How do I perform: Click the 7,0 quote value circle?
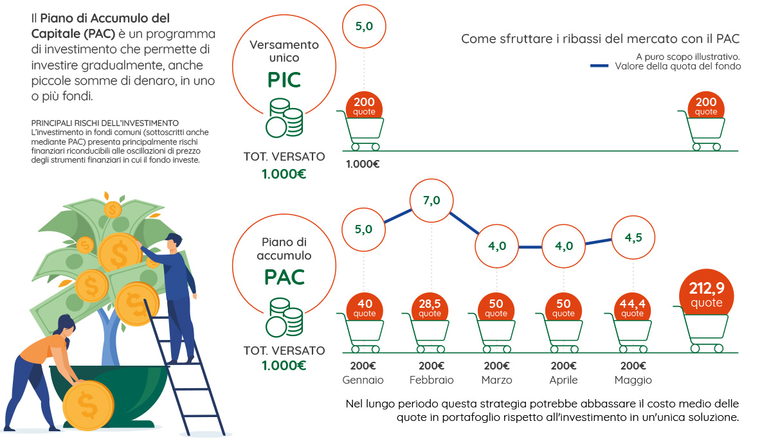click(x=431, y=201)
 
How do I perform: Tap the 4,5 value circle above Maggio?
click(x=633, y=238)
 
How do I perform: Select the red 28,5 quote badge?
click(x=430, y=308)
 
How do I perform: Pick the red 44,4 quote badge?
click(x=632, y=308)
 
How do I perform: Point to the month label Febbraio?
click(x=431, y=380)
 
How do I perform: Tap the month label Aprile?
click(x=563, y=380)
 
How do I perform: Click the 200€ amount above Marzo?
click(x=496, y=366)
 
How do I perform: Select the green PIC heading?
click(x=284, y=80)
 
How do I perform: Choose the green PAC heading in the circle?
click(x=284, y=277)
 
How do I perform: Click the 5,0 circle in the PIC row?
click(x=364, y=26)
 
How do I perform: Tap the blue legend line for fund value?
click(x=599, y=66)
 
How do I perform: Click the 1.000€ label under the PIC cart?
click(x=363, y=164)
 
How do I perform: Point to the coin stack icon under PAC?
click(x=284, y=317)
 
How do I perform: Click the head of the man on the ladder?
click(x=173, y=242)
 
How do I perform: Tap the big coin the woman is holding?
click(x=89, y=406)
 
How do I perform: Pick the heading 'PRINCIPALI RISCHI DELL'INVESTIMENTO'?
click(x=105, y=123)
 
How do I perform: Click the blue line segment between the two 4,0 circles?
click(x=530, y=247)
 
